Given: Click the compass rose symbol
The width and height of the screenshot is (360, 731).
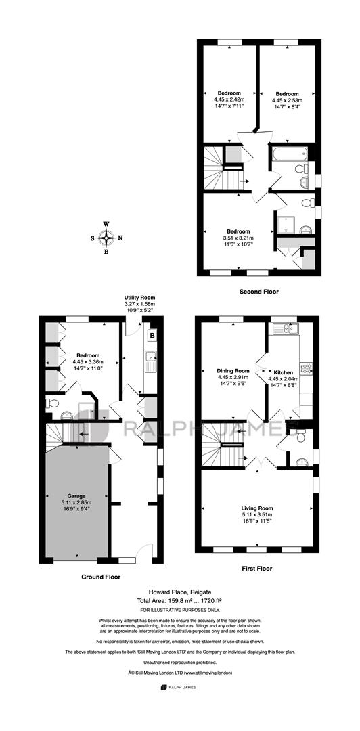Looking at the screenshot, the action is [107, 238].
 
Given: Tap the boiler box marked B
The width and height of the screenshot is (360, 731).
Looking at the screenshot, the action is [152, 335].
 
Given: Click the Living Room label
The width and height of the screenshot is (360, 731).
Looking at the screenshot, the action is [257, 508].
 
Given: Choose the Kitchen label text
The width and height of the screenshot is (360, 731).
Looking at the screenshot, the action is [283, 372].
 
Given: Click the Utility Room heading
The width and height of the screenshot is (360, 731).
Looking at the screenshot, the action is [139, 297].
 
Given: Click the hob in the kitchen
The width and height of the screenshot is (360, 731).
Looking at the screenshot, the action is [306, 369].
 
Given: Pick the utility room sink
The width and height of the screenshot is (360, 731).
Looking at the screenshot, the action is [151, 361].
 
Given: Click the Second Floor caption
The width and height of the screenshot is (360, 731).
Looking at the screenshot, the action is [258, 292].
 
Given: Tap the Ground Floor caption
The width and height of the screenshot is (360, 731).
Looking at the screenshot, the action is [101, 577].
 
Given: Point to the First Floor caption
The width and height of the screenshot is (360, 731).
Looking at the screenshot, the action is [257, 569].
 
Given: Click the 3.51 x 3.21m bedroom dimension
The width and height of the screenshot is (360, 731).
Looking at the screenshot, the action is [238, 238].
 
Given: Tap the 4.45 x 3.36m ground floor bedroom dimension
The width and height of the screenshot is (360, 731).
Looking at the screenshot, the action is [88, 361].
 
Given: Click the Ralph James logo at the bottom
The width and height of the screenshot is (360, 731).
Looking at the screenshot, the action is [178, 687].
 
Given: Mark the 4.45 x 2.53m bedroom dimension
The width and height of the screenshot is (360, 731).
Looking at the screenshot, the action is [287, 99].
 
